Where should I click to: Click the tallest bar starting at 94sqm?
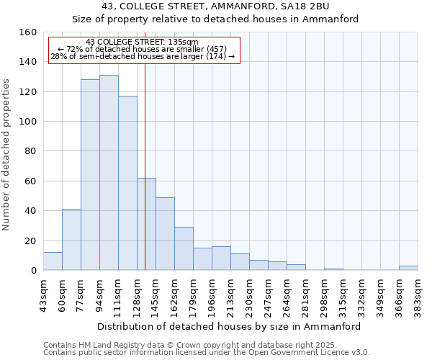[109, 173]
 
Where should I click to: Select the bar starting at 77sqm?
[90, 175]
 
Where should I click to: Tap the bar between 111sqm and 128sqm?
[127, 183]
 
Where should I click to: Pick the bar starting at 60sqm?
[71, 240]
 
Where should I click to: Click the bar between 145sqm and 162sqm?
[165, 234]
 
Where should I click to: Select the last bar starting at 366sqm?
[408, 268]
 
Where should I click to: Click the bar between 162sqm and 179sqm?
[184, 248]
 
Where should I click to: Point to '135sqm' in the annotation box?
[183, 42]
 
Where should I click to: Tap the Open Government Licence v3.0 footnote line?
[207, 352]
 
